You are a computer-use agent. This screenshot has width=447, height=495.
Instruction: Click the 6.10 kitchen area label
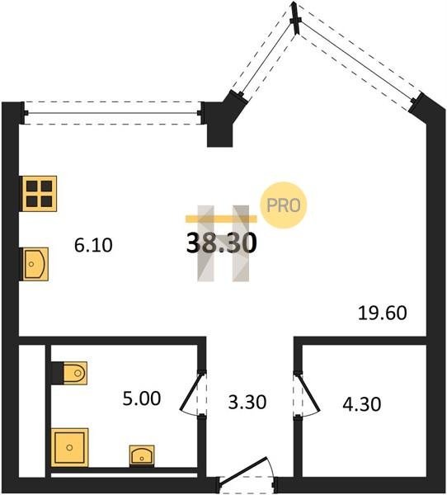93,245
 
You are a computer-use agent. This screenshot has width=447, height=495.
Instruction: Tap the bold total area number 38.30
221,243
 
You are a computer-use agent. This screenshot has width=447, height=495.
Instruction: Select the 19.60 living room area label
383,313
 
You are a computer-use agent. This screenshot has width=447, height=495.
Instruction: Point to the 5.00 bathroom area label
142,398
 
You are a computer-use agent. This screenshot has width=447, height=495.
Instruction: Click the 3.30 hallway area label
247,403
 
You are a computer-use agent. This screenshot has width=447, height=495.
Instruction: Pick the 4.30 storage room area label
362,404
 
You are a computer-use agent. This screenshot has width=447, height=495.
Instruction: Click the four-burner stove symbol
40,194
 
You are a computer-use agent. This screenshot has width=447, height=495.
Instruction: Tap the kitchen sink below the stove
35,264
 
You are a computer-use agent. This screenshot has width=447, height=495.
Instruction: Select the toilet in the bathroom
75,373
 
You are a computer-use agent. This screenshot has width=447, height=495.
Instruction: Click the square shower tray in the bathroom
70,447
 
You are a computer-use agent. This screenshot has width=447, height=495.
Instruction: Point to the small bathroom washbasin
142,455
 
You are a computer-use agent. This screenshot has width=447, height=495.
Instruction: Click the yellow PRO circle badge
283,205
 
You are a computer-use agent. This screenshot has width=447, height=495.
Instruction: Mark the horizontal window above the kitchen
112,113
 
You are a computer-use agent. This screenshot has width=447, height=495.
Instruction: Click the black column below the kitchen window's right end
219,134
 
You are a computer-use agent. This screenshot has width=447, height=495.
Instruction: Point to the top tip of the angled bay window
294,2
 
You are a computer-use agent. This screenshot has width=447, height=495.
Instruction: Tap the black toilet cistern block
57,373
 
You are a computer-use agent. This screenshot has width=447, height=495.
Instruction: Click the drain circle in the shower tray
70,447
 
